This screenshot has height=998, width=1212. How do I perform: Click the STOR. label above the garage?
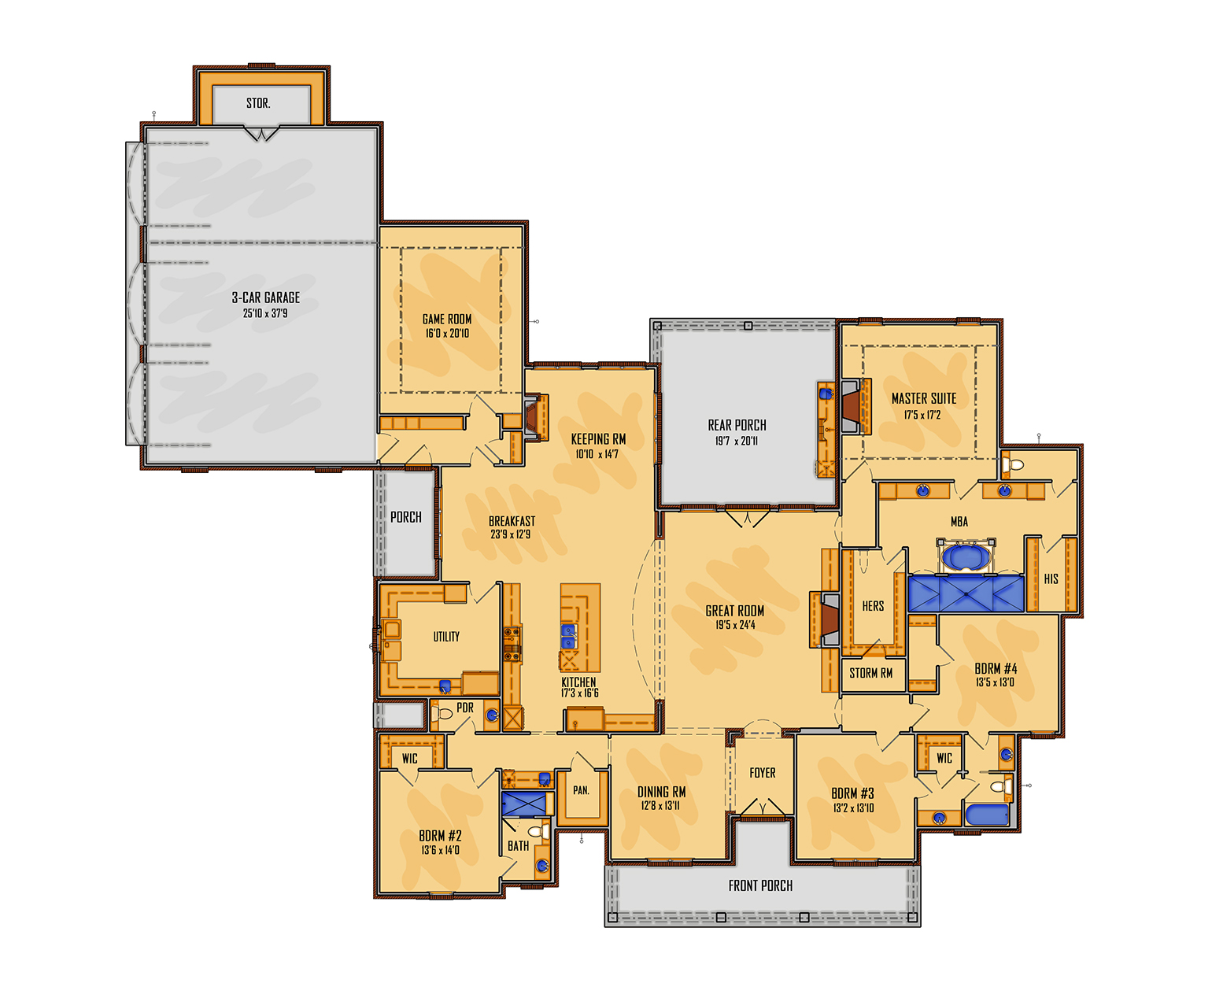(x=258, y=103)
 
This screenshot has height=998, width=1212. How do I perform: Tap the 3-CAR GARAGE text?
(x=265, y=298)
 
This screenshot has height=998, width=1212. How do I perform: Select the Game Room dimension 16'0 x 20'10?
(x=447, y=334)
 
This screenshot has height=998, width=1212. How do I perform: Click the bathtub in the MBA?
(x=966, y=557)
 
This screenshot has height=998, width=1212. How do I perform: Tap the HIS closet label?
(x=1051, y=579)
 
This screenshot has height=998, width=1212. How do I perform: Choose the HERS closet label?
(x=872, y=606)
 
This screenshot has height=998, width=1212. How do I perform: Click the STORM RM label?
(x=870, y=673)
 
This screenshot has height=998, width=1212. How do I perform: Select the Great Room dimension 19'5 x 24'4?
(x=735, y=625)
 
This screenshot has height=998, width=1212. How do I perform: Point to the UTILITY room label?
(x=446, y=637)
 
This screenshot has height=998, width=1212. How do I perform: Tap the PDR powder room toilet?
(x=442, y=713)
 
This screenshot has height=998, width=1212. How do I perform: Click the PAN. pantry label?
(x=581, y=790)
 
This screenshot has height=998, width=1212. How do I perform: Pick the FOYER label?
(x=763, y=773)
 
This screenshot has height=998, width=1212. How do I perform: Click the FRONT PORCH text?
(x=760, y=885)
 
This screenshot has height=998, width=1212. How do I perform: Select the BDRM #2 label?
(x=440, y=835)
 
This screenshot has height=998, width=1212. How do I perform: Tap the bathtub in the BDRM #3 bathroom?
(x=987, y=815)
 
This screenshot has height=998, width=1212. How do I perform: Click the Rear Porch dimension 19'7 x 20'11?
(x=736, y=441)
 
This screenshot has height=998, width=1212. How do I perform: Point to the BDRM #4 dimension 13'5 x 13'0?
(x=995, y=682)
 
